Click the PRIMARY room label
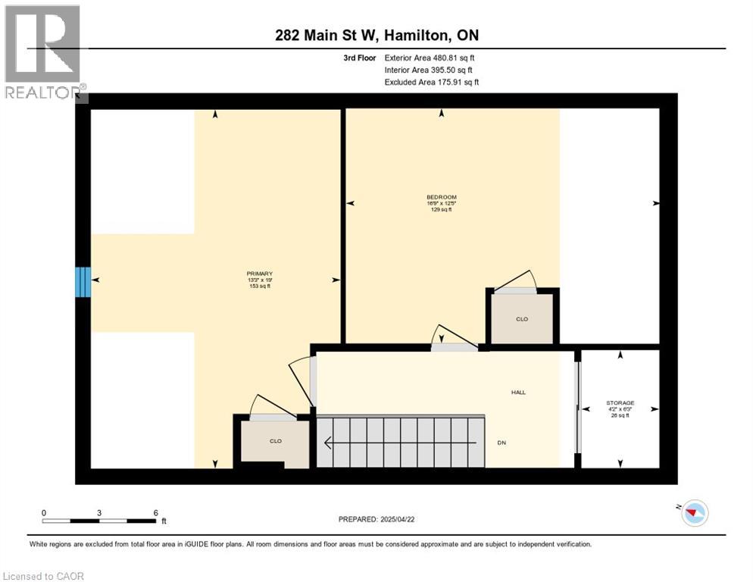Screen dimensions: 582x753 [259, 274]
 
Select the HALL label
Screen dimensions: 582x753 [518, 392]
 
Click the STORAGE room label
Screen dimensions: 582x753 [620, 403]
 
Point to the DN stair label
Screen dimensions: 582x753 [501, 443]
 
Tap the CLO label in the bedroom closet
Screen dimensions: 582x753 [521, 319]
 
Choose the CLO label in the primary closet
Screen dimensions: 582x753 [275, 441]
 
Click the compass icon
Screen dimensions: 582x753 [692, 513]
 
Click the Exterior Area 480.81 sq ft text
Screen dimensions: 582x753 [430, 58]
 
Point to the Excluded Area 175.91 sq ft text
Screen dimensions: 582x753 [431, 82]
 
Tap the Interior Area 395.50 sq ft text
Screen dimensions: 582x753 [430, 70]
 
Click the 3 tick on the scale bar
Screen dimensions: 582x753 [99, 512]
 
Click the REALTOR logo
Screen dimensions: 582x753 [45, 53]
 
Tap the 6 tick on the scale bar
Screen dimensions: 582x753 [155, 512]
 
